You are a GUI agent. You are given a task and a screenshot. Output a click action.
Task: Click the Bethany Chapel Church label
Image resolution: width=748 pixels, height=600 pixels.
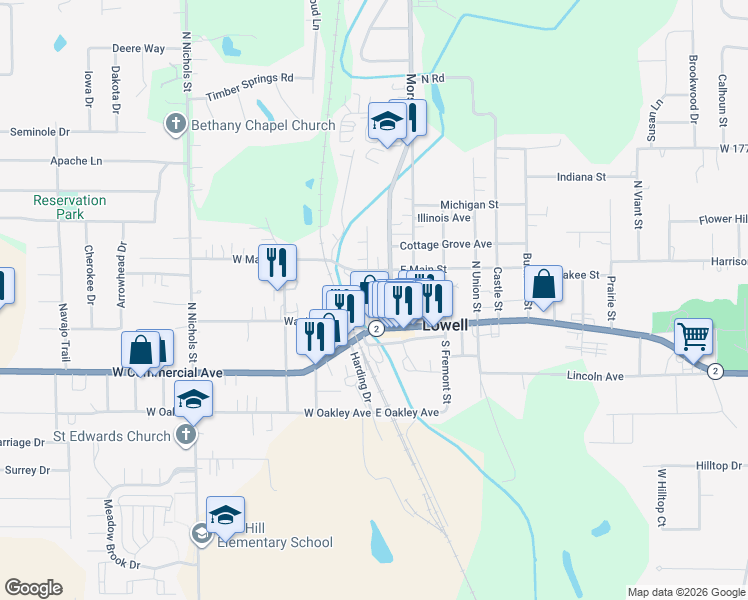click(263, 125)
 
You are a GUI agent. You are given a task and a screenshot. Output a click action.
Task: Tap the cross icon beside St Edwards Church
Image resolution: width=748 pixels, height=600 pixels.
click(185, 436)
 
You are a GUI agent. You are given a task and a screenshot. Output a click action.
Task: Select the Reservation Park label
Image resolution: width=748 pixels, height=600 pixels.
click(69, 207)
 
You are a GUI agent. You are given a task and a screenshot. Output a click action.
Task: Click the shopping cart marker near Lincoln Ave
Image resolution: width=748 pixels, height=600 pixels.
click(694, 337)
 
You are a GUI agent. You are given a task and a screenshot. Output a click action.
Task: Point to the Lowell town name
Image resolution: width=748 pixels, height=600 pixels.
click(445, 326)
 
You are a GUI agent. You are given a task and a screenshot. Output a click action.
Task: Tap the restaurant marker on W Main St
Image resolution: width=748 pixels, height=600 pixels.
click(278, 264)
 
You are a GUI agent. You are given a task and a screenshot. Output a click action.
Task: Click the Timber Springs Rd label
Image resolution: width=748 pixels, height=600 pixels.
click(250, 85)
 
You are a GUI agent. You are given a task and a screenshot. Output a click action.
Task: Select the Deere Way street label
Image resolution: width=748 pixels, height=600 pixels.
click(138, 48)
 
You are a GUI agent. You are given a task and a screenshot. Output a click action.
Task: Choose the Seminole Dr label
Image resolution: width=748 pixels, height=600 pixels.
click(40, 131)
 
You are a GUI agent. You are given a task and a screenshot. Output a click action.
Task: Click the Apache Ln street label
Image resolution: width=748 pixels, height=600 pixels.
click(76, 160)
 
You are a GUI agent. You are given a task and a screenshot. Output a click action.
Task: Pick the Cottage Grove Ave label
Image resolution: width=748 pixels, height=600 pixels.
click(445, 244)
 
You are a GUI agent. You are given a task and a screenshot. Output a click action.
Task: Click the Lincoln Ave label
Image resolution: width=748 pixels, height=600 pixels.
click(595, 377)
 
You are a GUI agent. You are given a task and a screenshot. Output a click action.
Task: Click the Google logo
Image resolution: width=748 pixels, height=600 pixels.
click(33, 588)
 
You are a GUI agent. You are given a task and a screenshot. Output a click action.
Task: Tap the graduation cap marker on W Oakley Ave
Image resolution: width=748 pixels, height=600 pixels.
click(193, 402)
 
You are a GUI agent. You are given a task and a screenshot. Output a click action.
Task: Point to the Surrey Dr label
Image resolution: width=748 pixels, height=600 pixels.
click(27, 469)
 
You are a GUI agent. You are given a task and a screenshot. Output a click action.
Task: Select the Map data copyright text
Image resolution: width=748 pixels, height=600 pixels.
click(685, 592)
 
